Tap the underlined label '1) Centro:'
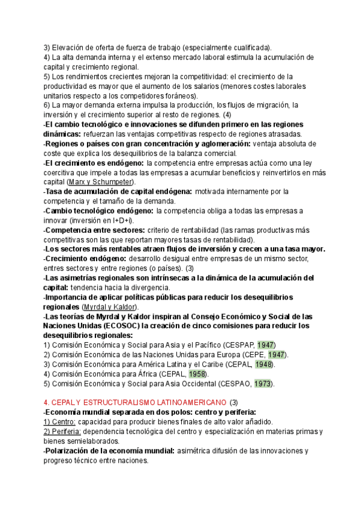pos(59,422)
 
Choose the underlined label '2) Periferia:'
pos(62,432)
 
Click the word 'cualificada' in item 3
pos(250,47)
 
